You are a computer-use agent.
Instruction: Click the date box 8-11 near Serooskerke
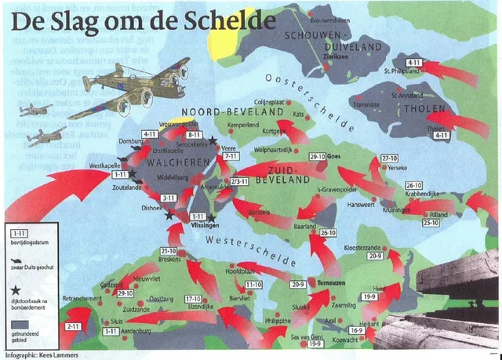195,136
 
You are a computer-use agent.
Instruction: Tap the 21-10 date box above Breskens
169,251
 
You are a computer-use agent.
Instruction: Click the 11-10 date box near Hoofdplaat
253,284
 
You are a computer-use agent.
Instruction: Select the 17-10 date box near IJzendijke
194,299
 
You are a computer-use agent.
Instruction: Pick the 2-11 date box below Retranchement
73,325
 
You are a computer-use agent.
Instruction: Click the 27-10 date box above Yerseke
389,158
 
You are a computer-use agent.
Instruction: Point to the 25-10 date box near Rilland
431,223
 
